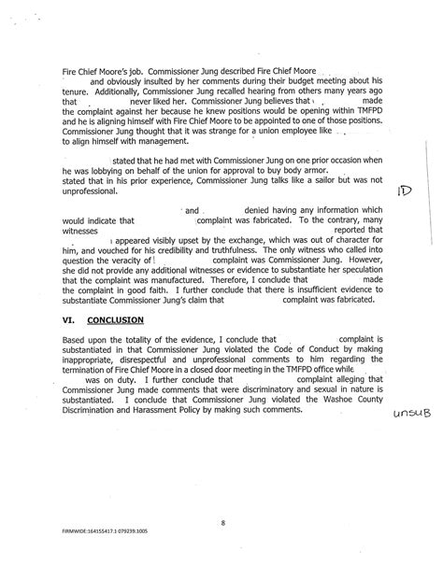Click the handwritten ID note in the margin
coord(404,192)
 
